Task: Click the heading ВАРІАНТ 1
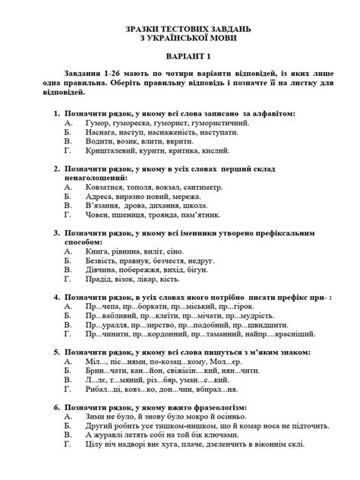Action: point(180,57)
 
